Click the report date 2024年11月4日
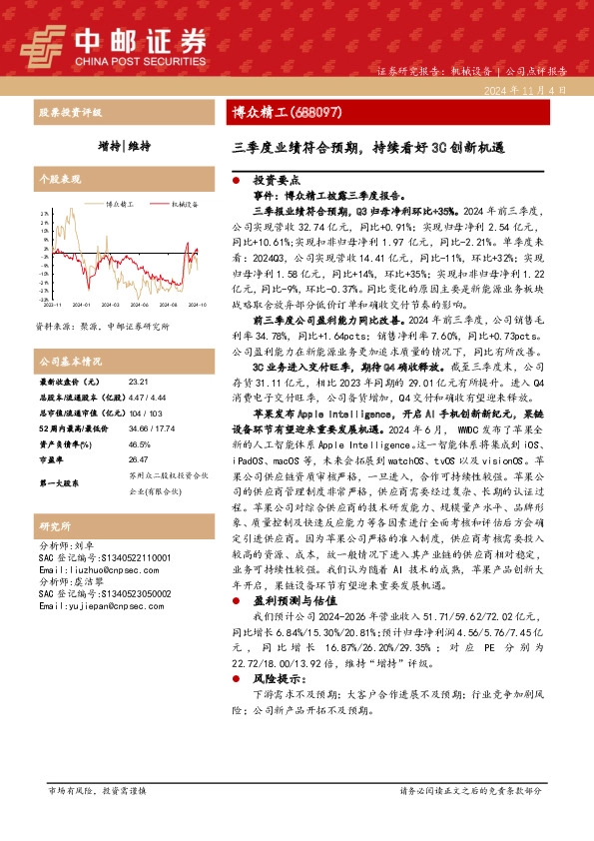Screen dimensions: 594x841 (530, 90)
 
